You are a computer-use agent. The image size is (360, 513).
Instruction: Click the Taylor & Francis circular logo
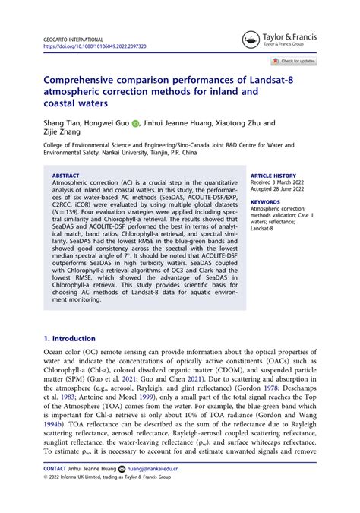251,40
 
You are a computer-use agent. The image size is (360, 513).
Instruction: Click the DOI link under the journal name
95,46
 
